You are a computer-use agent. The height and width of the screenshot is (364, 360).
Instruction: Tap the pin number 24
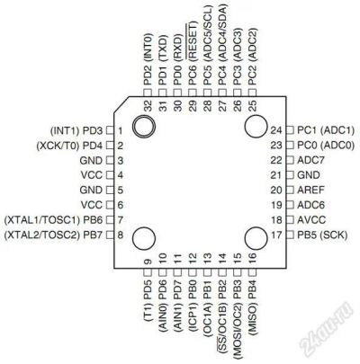coord(276,130)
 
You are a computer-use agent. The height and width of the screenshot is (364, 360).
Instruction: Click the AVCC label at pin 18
coord(311,220)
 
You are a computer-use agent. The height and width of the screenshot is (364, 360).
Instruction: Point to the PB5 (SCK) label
coord(322,235)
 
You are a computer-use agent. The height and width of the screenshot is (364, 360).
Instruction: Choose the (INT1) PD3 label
coord(76,130)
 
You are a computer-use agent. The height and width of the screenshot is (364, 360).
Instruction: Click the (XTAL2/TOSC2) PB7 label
coord(53,235)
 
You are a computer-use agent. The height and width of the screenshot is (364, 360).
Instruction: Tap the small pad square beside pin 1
coord(111,130)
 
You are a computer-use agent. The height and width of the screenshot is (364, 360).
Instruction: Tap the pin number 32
coord(148,106)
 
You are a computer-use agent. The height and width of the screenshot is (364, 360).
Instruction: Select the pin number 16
coord(252,256)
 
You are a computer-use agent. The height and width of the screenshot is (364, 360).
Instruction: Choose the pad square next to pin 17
coord(290,235)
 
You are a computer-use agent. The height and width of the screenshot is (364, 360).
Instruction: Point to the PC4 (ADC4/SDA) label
coord(222,46)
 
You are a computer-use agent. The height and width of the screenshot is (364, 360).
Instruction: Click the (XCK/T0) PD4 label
coord(69,146)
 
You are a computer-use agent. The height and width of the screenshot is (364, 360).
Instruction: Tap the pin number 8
coord(121,235)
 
